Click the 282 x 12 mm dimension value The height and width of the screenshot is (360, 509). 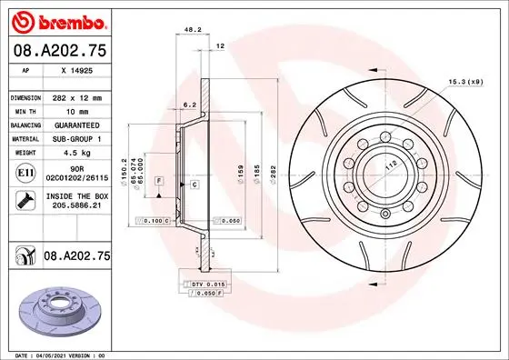click(x=78, y=96)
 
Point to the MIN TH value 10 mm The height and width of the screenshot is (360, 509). click(x=73, y=110)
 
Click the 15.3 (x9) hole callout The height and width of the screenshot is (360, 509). click(x=464, y=83)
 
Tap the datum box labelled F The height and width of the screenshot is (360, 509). click(x=159, y=183)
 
